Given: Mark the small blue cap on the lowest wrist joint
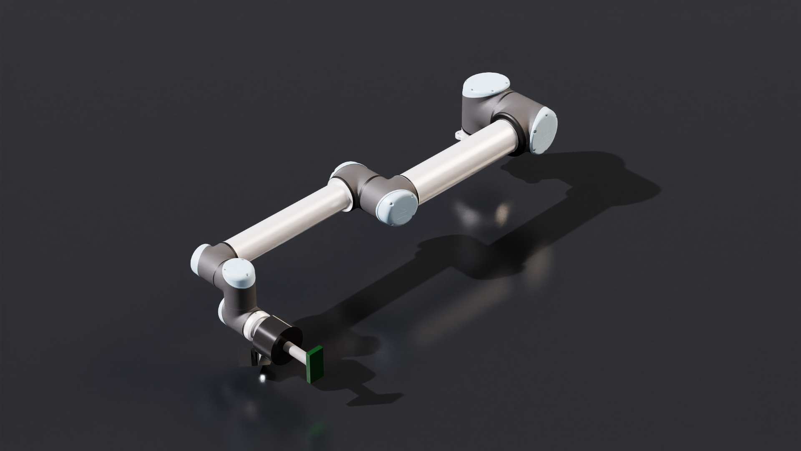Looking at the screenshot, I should click(221, 312).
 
